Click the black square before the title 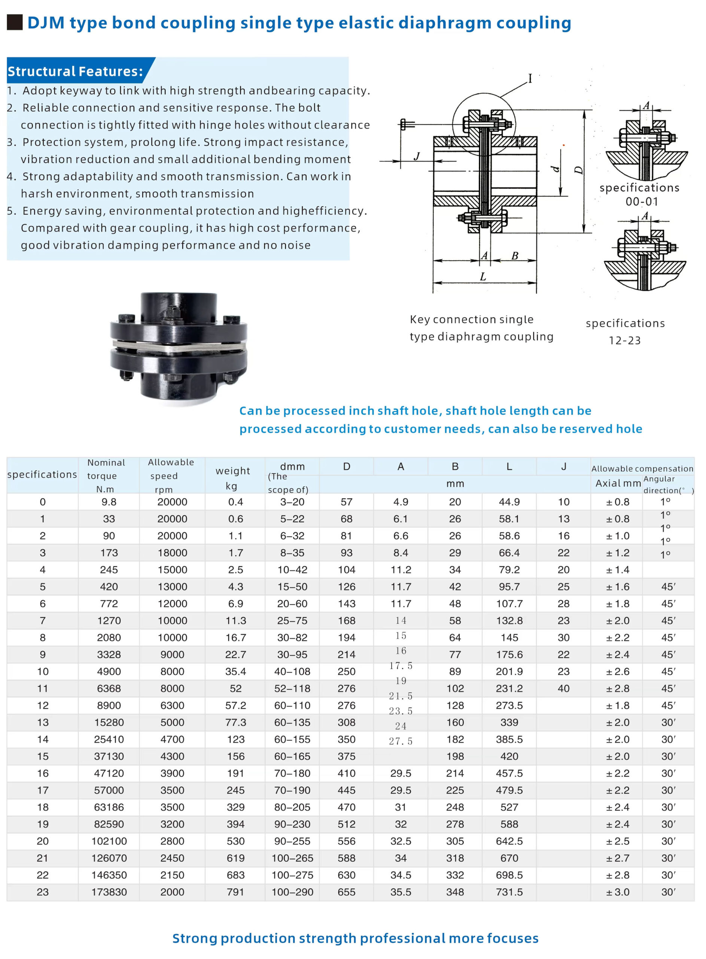point(15,22)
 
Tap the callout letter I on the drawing point(530,79)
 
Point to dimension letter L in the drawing point(483,276)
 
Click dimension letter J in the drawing point(417,157)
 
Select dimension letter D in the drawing point(579,170)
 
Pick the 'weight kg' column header point(232,478)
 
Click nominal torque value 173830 point(109,892)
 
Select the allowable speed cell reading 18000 point(172,553)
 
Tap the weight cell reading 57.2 point(235,705)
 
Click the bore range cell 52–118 point(292,689)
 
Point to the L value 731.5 point(509,892)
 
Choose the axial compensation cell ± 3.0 point(618,892)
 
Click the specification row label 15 point(43,756)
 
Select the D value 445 point(346,790)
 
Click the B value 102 point(455,689)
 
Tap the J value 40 point(563,689)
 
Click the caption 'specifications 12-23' point(625,332)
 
